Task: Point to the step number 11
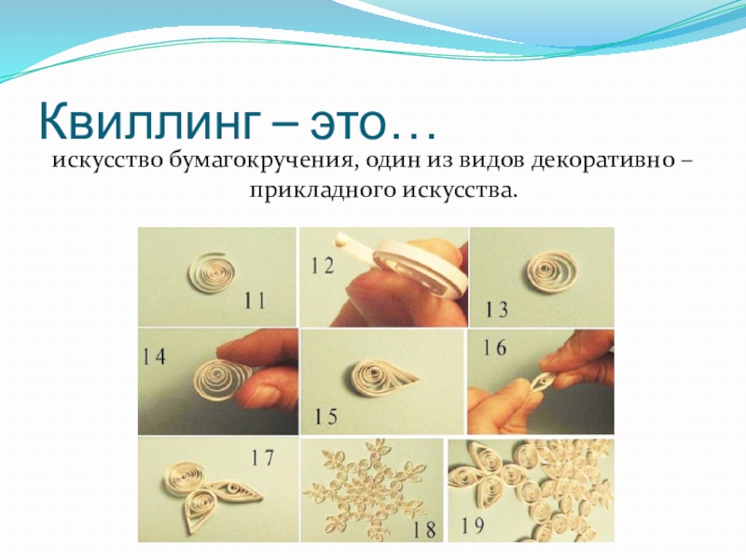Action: click(x=255, y=301)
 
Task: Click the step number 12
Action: click(x=323, y=265)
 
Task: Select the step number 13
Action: click(x=496, y=309)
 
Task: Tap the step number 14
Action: click(x=154, y=357)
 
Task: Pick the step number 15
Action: click(x=325, y=416)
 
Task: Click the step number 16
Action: click(x=495, y=347)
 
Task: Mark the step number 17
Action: click(x=263, y=457)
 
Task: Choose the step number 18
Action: click(x=424, y=529)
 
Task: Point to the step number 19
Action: click(x=473, y=525)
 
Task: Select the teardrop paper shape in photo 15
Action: click(x=383, y=378)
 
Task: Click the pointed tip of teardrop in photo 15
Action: click(x=419, y=380)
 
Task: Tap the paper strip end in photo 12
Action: click(x=339, y=238)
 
